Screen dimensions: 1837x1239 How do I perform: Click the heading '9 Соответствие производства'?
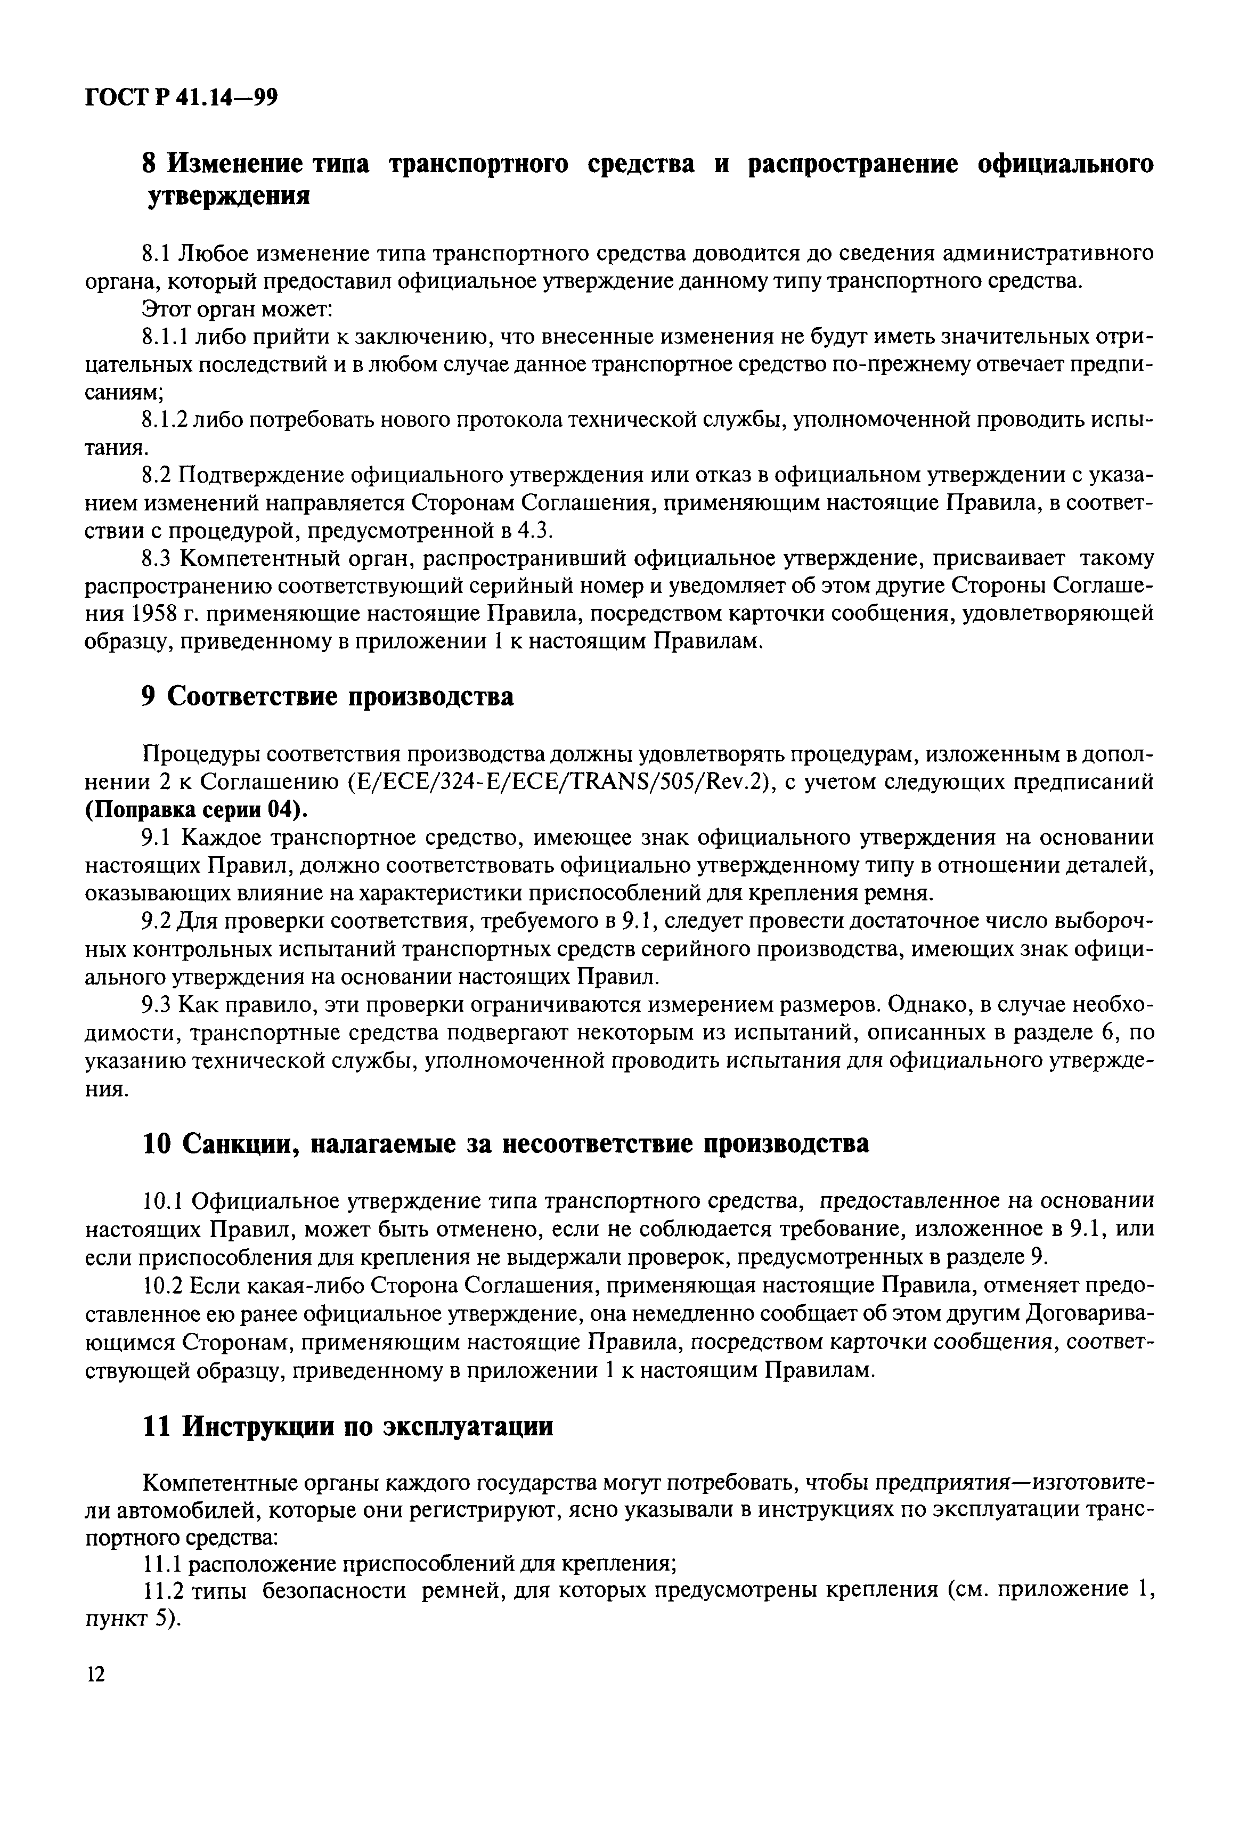click(x=327, y=697)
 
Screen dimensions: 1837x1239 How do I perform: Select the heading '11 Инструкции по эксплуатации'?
click(x=348, y=1427)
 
